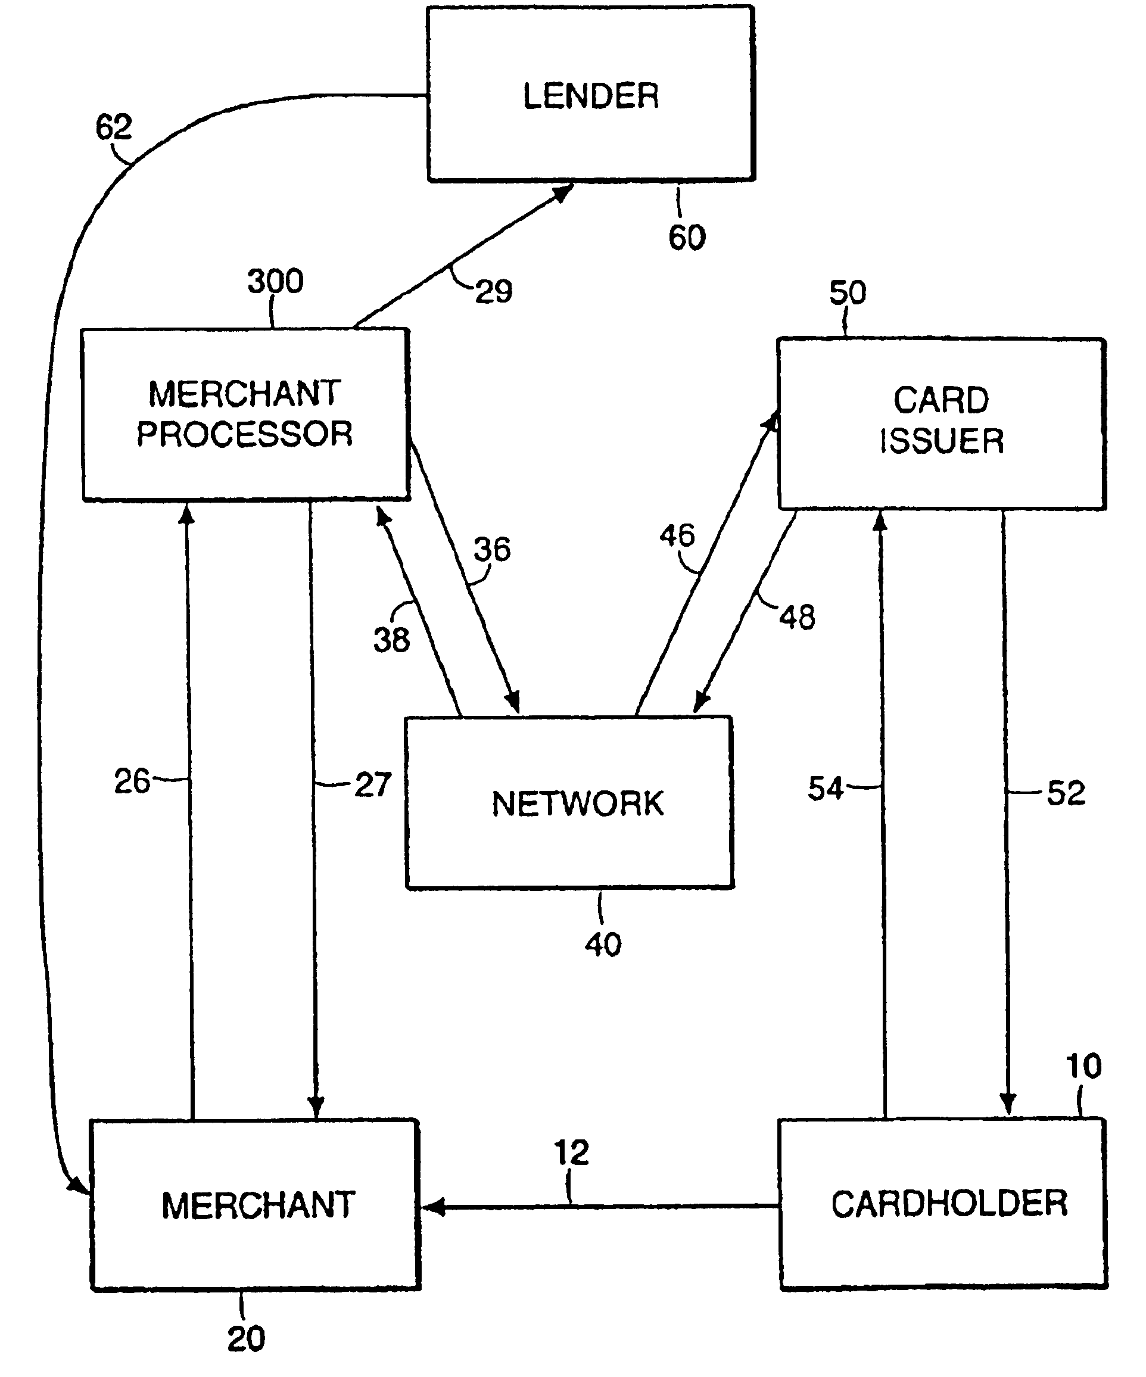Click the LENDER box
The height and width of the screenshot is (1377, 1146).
click(591, 94)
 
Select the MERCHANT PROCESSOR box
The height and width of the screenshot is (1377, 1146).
click(245, 415)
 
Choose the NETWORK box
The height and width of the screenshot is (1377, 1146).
click(569, 803)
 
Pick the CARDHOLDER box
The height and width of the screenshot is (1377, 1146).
click(943, 1204)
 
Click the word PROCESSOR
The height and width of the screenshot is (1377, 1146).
click(245, 434)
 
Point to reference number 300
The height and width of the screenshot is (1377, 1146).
click(275, 281)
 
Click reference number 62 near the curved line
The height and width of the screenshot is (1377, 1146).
click(113, 126)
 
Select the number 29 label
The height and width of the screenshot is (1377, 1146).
click(494, 291)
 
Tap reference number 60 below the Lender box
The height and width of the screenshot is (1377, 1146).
click(686, 238)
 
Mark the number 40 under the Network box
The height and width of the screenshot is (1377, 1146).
click(603, 945)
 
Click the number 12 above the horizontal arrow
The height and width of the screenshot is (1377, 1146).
click(571, 1152)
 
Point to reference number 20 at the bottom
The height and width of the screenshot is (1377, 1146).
click(246, 1339)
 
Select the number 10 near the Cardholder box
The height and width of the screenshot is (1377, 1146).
click(1083, 1067)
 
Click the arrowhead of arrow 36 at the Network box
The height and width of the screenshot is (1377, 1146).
click(513, 703)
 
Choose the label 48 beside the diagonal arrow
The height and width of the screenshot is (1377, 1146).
click(797, 618)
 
